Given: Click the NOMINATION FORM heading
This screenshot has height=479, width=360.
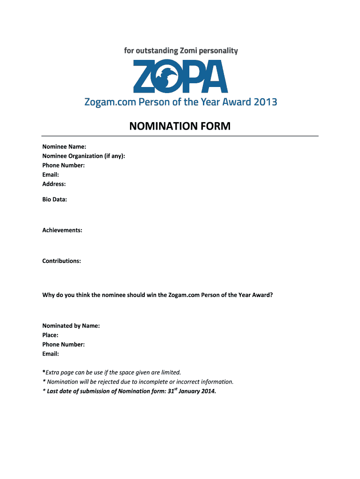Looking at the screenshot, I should click(180, 126).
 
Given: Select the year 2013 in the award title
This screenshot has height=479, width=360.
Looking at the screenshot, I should click(266, 102).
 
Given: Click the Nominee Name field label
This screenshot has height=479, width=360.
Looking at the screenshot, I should click(64, 146).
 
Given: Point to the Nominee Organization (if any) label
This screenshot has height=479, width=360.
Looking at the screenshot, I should click(84, 156).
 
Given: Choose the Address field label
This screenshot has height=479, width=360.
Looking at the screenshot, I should click(54, 184).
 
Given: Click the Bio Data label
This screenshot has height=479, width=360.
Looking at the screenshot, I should click(55, 200).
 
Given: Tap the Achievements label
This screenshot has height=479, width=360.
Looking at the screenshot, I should click(62, 230).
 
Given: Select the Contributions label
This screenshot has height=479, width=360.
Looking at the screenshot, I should click(62, 261).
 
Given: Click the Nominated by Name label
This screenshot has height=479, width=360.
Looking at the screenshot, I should click(71, 326).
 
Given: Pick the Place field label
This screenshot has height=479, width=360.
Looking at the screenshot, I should click(50, 335).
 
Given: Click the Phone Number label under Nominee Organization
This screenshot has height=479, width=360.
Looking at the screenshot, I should click(64, 165).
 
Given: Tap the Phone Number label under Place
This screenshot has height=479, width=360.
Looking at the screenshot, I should click(64, 344).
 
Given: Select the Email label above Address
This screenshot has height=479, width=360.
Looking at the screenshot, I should click(50, 174).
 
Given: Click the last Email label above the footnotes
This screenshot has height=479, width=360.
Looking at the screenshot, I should click(50, 354).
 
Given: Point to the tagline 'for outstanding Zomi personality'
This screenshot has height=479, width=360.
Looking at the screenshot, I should click(181, 51).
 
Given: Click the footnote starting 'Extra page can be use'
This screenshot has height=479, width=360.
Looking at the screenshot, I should click(112, 372).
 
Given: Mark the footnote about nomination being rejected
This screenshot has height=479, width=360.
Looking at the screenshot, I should click(138, 382).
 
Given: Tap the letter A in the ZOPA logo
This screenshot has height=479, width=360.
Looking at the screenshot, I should click(215, 76).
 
